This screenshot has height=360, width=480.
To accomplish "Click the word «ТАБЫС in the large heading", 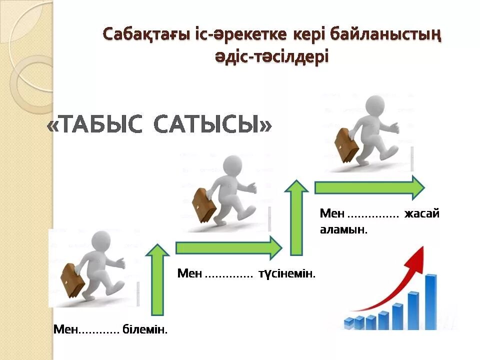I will [x=94, y=124].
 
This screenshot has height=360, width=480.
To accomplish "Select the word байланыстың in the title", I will [x=383, y=35].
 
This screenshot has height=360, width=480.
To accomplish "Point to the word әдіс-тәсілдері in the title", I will [x=272, y=56].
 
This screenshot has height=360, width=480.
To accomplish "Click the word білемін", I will [x=145, y=329].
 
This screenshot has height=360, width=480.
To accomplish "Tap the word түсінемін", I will [x=287, y=274].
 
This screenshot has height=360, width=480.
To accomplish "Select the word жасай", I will [x=422, y=214].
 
